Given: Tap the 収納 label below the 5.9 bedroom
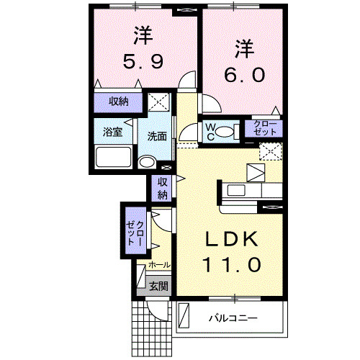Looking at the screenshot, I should tap(119, 102).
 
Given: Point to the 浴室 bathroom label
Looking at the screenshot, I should tap(112, 132).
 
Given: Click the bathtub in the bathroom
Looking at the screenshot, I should tap(113, 157).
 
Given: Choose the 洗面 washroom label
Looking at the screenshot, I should tap(158, 135).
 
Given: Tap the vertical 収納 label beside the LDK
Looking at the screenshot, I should tap(163, 189).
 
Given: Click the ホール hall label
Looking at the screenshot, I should tap(159, 265).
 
